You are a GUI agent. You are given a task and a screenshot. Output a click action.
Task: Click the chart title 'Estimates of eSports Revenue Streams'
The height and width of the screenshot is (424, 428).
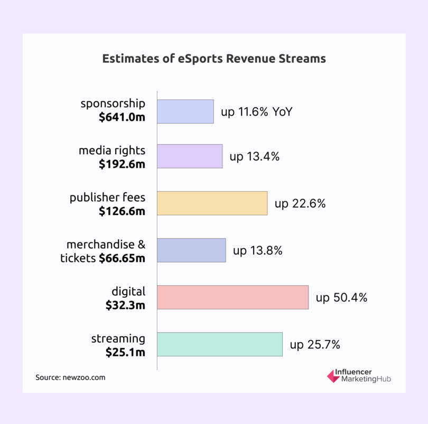pyautogui.click(x=213, y=59)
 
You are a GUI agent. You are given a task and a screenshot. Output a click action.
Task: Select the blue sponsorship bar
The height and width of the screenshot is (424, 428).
pyautogui.click(x=185, y=111)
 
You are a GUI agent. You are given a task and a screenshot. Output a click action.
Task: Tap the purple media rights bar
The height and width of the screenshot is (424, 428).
pyautogui.click(x=190, y=156)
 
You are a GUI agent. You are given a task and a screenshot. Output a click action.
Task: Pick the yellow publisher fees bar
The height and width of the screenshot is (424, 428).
pyautogui.click(x=212, y=203)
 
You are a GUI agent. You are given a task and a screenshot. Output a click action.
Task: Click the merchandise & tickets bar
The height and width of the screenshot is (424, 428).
pyautogui.click(x=191, y=250)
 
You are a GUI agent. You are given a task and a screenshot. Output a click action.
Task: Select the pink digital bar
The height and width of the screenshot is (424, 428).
pyautogui.click(x=232, y=297)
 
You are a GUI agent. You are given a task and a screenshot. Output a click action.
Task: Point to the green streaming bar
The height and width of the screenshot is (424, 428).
pyautogui.click(x=220, y=344)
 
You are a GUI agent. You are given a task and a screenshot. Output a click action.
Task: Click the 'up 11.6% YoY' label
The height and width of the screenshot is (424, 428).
pyautogui.click(x=256, y=112)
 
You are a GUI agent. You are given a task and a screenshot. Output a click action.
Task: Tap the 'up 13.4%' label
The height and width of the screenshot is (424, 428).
pyautogui.click(x=254, y=157)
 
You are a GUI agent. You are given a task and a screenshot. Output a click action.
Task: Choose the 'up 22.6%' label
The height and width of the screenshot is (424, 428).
pyautogui.click(x=300, y=204)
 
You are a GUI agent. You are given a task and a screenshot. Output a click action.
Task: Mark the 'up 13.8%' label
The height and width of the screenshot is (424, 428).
pyautogui.click(x=258, y=251)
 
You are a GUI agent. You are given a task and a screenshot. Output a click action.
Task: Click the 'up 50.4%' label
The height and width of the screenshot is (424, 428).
pyautogui.click(x=341, y=298)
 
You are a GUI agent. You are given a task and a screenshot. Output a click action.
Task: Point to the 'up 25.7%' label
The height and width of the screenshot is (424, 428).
pyautogui.click(x=315, y=345)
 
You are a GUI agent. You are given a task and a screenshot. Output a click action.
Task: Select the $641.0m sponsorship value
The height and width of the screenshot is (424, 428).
pyautogui.click(x=122, y=117)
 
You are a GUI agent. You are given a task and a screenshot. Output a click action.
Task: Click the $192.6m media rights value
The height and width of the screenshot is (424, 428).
pyautogui.click(x=122, y=164)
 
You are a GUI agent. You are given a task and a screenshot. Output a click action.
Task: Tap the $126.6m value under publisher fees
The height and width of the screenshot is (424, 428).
pyautogui.click(x=122, y=211)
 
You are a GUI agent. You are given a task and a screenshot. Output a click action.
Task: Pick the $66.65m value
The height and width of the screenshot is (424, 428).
pyautogui.click(x=122, y=258)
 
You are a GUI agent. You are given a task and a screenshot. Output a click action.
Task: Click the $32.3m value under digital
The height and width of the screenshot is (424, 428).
pyautogui.click(x=125, y=305)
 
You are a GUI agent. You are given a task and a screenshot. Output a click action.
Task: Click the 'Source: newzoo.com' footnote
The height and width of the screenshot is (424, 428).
pyautogui.click(x=70, y=378)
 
